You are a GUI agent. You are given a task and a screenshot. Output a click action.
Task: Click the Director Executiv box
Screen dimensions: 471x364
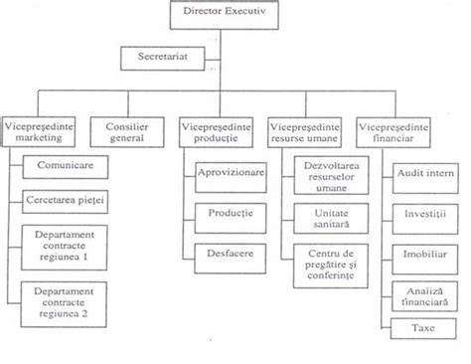[225, 15]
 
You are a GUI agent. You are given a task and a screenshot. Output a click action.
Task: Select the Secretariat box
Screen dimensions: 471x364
[163, 59]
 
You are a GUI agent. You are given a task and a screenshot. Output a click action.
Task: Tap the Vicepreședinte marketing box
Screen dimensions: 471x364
[39, 131]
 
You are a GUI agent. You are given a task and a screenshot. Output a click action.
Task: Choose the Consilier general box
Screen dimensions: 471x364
[127, 132]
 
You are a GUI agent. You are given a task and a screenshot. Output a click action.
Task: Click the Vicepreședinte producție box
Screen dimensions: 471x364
[216, 132]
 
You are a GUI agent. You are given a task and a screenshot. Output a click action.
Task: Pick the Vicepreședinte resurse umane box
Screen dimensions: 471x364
[304, 132]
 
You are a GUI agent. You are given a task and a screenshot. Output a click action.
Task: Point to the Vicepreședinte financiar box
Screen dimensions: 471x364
[393, 132]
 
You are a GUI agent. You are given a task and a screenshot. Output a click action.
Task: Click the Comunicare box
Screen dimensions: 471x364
[66, 167]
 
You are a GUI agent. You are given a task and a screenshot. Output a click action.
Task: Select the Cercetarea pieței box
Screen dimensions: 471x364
[65, 202]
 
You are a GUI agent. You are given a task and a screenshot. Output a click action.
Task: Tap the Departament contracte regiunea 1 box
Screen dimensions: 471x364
[65, 248]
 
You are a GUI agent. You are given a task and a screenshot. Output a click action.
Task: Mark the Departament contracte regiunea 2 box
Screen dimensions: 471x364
[64, 304]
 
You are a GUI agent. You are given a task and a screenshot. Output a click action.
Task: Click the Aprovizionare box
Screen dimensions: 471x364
[231, 177]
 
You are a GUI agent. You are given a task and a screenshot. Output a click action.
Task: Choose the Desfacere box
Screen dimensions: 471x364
[231, 259]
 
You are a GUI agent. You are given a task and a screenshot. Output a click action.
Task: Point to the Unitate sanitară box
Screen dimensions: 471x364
[331, 219]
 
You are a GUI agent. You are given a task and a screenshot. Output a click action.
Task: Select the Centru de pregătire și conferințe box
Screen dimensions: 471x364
[331, 266]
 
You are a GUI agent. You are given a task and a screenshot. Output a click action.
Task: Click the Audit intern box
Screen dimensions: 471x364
[425, 178]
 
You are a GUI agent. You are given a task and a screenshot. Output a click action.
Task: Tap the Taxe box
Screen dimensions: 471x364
[423, 328]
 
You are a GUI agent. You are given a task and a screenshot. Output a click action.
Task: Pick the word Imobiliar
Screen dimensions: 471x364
[425, 254]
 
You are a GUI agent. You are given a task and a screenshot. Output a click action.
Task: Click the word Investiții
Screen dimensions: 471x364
[425, 214]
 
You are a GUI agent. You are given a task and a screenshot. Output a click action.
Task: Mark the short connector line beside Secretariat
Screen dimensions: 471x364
[213, 60]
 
